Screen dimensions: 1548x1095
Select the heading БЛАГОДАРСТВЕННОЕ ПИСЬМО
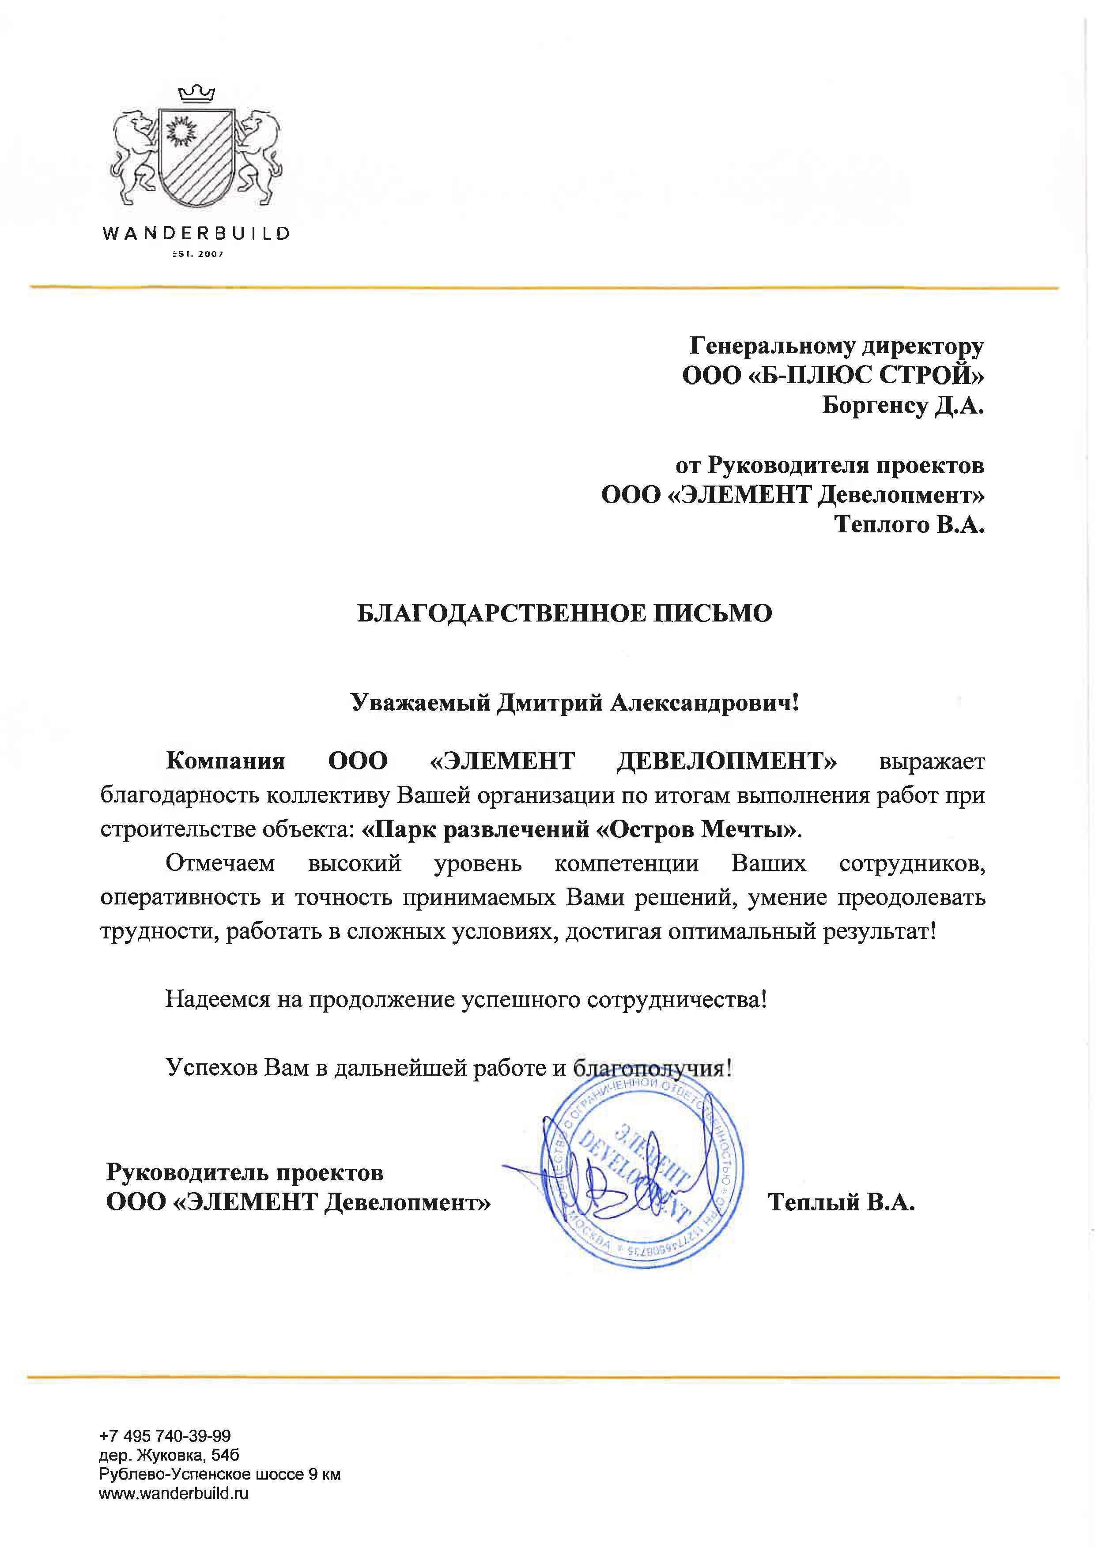click(564, 614)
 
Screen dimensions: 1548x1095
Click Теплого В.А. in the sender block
click(909, 524)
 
